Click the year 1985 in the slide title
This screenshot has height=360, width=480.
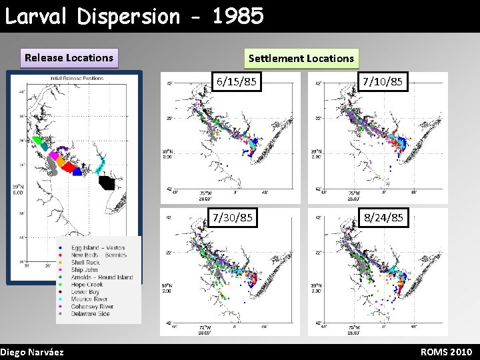[238, 16]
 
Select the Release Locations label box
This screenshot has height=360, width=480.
[69, 58]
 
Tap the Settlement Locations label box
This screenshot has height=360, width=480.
[301, 59]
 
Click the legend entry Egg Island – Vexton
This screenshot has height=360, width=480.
[97, 248]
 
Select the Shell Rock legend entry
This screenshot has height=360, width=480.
[85, 263]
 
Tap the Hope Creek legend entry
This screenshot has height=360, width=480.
[87, 285]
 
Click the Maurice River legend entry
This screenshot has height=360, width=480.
[89, 299]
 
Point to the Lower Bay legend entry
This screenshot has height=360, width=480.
[85, 292]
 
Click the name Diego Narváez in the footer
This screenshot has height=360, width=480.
[32, 352]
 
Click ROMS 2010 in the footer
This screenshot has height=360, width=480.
[446, 352]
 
